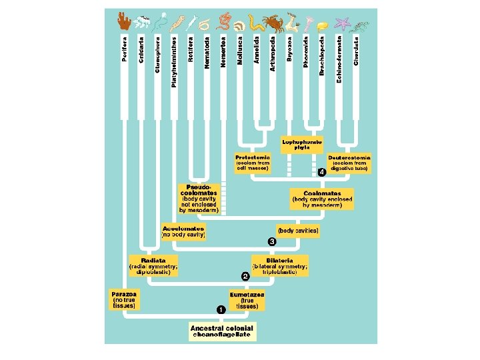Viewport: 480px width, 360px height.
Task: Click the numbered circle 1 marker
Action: [221, 310]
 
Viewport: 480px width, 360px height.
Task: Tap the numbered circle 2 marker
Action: [245, 275]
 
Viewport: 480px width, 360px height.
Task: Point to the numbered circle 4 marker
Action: [322, 171]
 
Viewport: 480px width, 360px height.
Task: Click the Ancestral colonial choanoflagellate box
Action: [221, 331]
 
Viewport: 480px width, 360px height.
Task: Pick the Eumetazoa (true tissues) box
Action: [247, 299]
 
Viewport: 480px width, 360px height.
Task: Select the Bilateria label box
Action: [280, 265]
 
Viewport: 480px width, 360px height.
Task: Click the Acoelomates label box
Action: [183, 231]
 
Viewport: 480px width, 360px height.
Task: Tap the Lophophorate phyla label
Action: [301, 144]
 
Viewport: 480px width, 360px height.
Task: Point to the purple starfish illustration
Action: [342, 23]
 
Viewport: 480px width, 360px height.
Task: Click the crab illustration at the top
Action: [273, 25]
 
